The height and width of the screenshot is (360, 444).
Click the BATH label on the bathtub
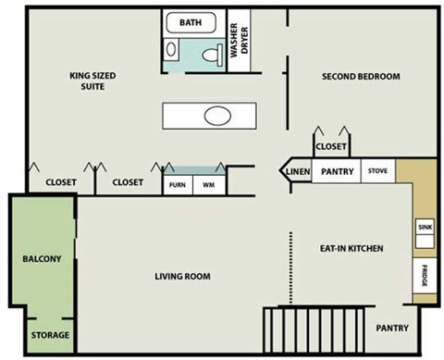coord(191,22)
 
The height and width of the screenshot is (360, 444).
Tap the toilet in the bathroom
coord(213,55)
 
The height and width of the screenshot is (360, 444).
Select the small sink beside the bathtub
coord(171,49)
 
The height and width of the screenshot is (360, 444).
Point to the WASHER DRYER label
coord(239,41)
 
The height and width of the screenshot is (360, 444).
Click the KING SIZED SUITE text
coord(92,81)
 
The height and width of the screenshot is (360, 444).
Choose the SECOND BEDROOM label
coord(361,76)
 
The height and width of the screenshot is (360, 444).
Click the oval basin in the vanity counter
coord(217,116)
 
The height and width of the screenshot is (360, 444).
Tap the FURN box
coord(178,185)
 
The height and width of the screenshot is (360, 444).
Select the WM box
coord(209,185)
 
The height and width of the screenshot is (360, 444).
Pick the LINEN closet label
coord(298,171)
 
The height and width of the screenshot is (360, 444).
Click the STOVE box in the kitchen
coord(377,170)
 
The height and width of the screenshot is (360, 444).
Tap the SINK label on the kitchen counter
coord(425,228)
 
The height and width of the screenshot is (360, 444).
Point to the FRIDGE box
coord(425,276)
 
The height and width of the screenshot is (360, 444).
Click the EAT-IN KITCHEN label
coord(351,248)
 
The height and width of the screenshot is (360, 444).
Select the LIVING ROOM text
coord(182,276)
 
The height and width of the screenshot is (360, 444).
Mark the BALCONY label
coord(42,258)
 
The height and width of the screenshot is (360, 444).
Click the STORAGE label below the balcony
coord(50,335)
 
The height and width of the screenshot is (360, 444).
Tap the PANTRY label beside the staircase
coord(392,328)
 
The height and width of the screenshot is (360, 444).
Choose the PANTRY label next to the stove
coord(338,171)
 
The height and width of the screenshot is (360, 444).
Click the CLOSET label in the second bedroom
coord(331,146)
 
